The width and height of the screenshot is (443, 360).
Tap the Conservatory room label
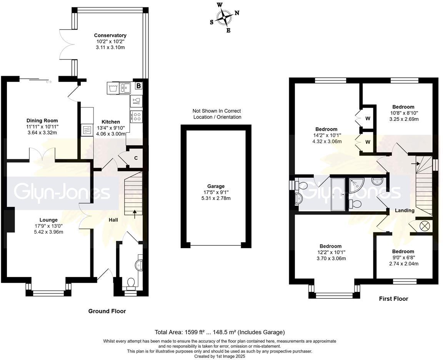110,35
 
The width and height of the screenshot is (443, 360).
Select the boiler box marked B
138,86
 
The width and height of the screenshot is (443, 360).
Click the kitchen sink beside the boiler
125,88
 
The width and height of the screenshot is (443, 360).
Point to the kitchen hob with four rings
137,116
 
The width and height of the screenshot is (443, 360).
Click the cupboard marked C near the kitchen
136,158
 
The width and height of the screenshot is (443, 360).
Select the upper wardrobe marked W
368,118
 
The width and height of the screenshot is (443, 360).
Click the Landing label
405,210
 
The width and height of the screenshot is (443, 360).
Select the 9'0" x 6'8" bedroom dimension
403,258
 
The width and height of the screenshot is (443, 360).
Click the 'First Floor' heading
393,298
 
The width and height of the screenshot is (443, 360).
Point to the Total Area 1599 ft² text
220,332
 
